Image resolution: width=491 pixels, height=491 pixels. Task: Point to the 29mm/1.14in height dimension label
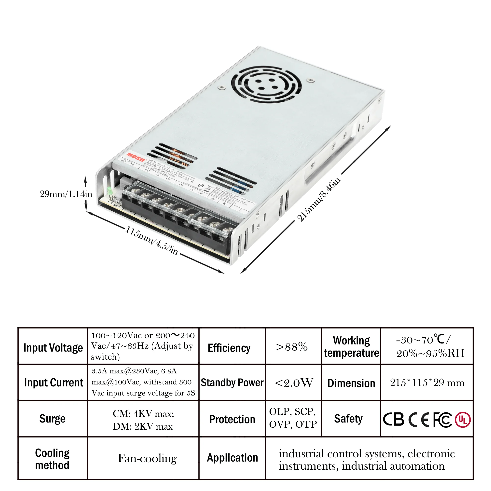click(66, 194)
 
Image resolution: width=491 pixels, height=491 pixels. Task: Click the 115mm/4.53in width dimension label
click(152, 240)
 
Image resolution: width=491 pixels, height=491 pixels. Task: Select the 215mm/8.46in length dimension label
click(318, 200)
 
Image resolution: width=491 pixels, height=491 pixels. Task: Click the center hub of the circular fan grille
click(266, 84)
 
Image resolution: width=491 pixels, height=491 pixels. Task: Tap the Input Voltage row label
click(53, 348)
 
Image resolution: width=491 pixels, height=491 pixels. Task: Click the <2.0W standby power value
click(294, 383)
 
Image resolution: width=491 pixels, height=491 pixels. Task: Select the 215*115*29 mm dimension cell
click(427, 383)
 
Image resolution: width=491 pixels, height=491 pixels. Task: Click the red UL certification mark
click(463, 420)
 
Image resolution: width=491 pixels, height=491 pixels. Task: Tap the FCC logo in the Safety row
click(442, 420)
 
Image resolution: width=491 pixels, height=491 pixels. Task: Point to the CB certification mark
click(393, 420)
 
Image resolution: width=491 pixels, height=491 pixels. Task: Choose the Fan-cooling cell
click(147, 458)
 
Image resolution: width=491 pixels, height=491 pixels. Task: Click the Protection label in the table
click(232, 419)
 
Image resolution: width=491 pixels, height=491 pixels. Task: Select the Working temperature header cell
click(352, 347)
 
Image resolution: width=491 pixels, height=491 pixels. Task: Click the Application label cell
click(232, 458)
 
